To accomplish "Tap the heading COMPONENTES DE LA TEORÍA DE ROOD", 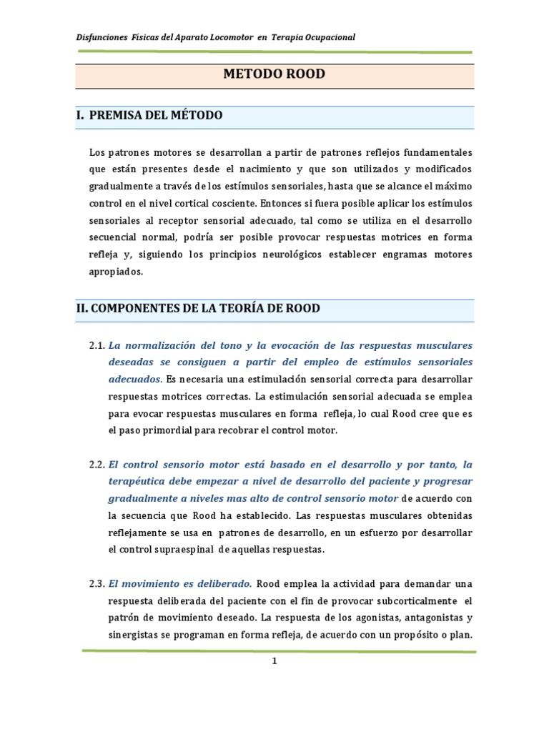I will click(x=198, y=308).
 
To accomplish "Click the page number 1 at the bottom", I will click(x=274, y=661).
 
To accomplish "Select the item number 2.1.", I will click(x=97, y=345).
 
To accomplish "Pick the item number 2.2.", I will click(x=97, y=464).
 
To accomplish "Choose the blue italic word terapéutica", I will click(x=142, y=480).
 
